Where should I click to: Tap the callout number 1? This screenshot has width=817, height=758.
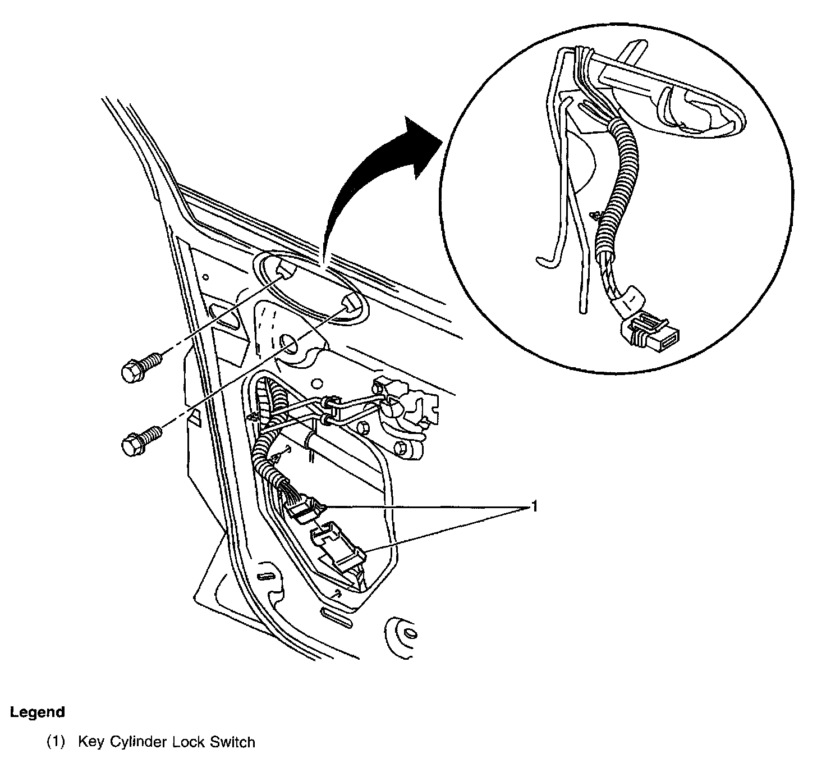click(x=535, y=508)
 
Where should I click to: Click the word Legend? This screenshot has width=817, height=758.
click(x=38, y=713)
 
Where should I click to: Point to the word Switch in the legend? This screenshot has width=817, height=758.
click(x=232, y=742)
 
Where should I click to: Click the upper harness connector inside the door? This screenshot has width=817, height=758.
click(x=303, y=505)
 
